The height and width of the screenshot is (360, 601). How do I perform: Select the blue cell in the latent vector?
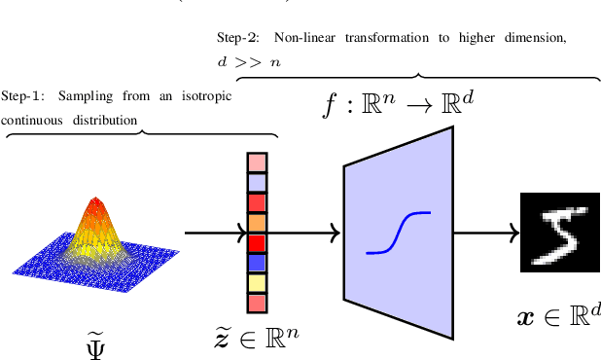257,263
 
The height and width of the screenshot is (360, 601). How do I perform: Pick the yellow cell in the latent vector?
257,283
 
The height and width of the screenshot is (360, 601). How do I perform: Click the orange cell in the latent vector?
257,223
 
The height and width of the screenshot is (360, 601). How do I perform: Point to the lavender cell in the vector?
257,182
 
